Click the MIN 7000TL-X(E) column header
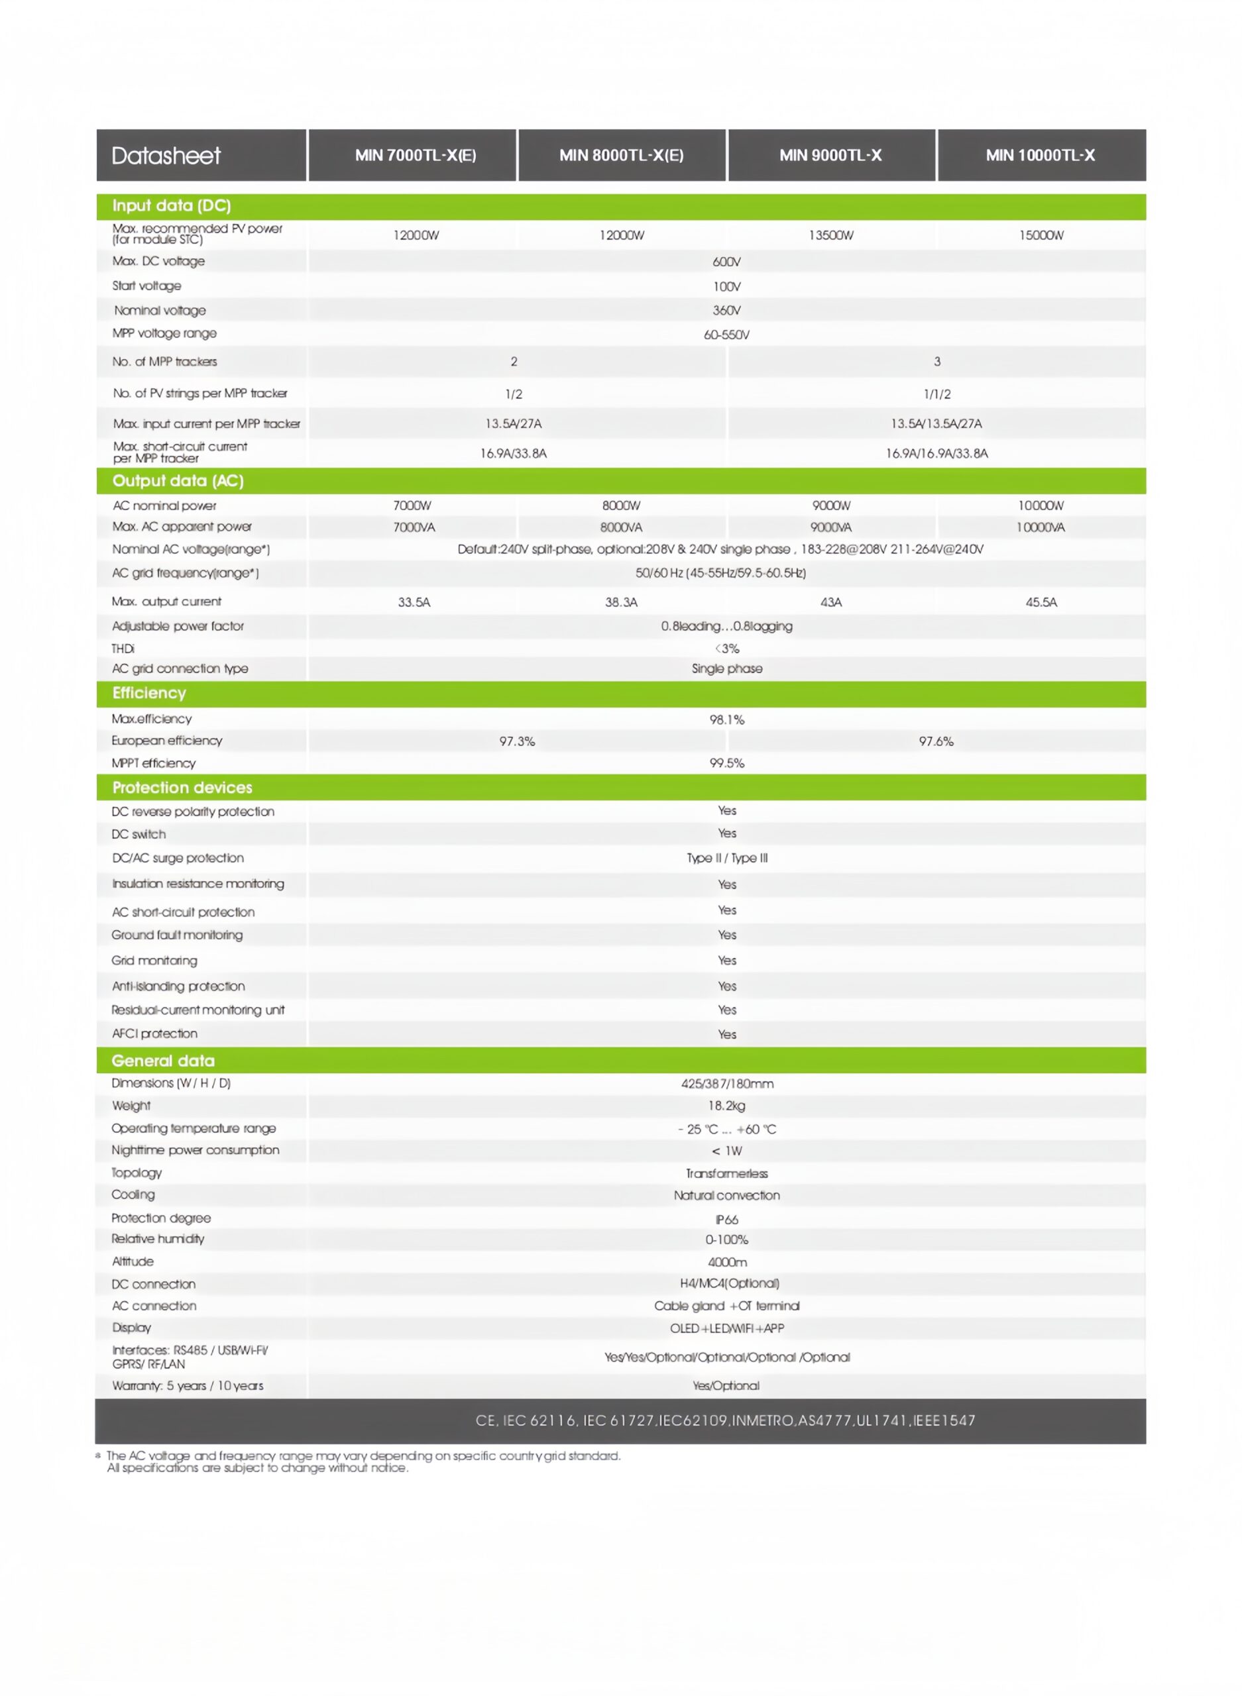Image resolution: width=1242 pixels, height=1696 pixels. (415, 156)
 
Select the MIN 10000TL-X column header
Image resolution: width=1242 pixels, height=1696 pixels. (1040, 156)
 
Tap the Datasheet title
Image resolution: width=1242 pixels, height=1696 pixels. (166, 156)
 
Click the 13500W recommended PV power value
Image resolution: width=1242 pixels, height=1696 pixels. (830, 235)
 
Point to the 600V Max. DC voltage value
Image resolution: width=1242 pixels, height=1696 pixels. (726, 262)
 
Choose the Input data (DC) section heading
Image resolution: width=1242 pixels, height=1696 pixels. (172, 206)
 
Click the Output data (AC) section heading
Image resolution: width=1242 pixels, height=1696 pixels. (178, 481)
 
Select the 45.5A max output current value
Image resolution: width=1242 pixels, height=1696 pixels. (1041, 602)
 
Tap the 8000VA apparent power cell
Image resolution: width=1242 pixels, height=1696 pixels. (621, 527)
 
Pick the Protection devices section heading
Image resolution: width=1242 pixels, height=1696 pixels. (182, 788)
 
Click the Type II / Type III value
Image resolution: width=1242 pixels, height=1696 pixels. (726, 858)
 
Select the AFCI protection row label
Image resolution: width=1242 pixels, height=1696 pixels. (155, 1034)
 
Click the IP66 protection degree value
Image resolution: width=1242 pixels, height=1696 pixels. (726, 1220)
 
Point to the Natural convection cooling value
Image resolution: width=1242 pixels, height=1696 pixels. (726, 1196)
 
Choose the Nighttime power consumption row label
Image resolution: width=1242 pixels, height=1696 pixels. (195, 1151)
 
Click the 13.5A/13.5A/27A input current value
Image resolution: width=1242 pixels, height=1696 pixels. (936, 424)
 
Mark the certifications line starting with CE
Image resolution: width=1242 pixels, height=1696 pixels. (725, 1420)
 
